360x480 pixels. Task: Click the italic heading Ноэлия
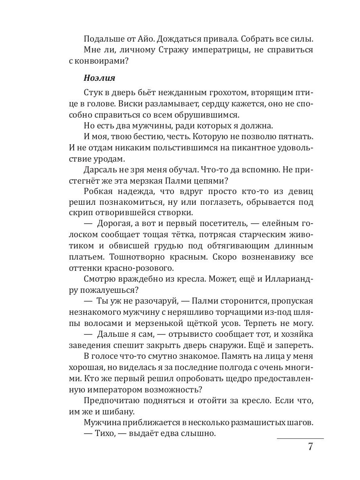click(x=99, y=78)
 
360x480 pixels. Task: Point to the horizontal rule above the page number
click(x=300, y=438)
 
